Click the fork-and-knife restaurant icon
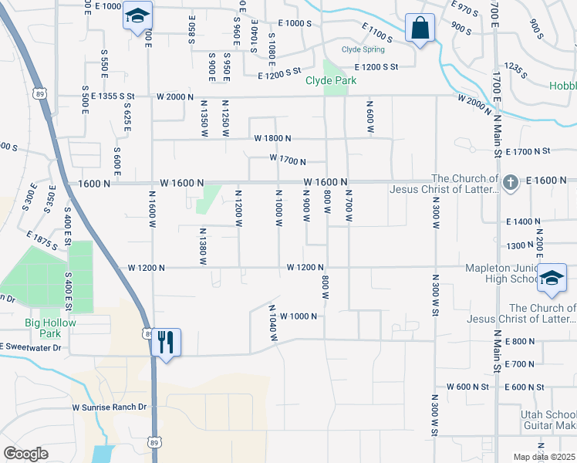click(x=166, y=342)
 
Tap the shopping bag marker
click(x=420, y=29)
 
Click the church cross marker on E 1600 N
click(x=509, y=183)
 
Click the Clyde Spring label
click(x=363, y=49)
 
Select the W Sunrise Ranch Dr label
click(x=109, y=407)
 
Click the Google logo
click(x=25, y=454)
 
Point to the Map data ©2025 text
click(x=543, y=457)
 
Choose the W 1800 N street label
click(x=272, y=138)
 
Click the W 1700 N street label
click(x=287, y=161)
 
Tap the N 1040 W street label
click(x=273, y=323)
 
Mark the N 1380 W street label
click(x=203, y=246)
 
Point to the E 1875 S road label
click(x=42, y=241)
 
